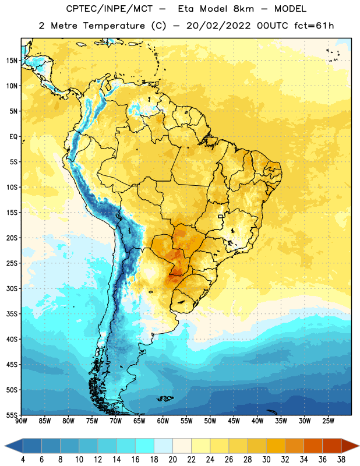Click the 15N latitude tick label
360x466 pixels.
pyautogui.click(x=12, y=61)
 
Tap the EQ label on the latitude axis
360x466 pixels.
pyautogui.click(x=13, y=137)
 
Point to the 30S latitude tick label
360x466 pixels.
pyautogui.click(x=12, y=288)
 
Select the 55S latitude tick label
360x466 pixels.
pyautogui.click(x=12, y=415)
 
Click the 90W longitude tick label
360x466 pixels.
pyautogui.click(x=21, y=421)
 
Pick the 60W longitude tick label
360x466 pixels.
pyautogui.click(x=163, y=421)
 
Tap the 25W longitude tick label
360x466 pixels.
pyautogui.click(x=328, y=421)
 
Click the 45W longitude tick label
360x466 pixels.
pyautogui.click(x=234, y=421)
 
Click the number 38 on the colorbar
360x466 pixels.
pyautogui.click(x=341, y=460)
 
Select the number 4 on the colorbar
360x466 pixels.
pyautogui.click(x=23, y=460)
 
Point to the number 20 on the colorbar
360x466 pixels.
pyautogui.click(x=172, y=460)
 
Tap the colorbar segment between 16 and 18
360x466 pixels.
pyautogui.click(x=144, y=446)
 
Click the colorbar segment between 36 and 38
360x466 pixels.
pyautogui.click(x=332, y=446)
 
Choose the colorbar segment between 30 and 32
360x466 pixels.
pyautogui.click(x=276, y=446)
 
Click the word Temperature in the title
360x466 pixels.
pyautogui.click(x=114, y=26)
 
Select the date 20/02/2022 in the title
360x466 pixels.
pyautogui.click(x=218, y=26)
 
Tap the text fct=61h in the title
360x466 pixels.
pyautogui.click(x=314, y=26)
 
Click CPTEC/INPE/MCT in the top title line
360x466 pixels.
pyautogui.click(x=110, y=9)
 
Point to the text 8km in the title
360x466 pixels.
pyautogui.click(x=243, y=9)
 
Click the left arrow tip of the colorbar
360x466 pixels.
pyautogui.click(x=5, y=446)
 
